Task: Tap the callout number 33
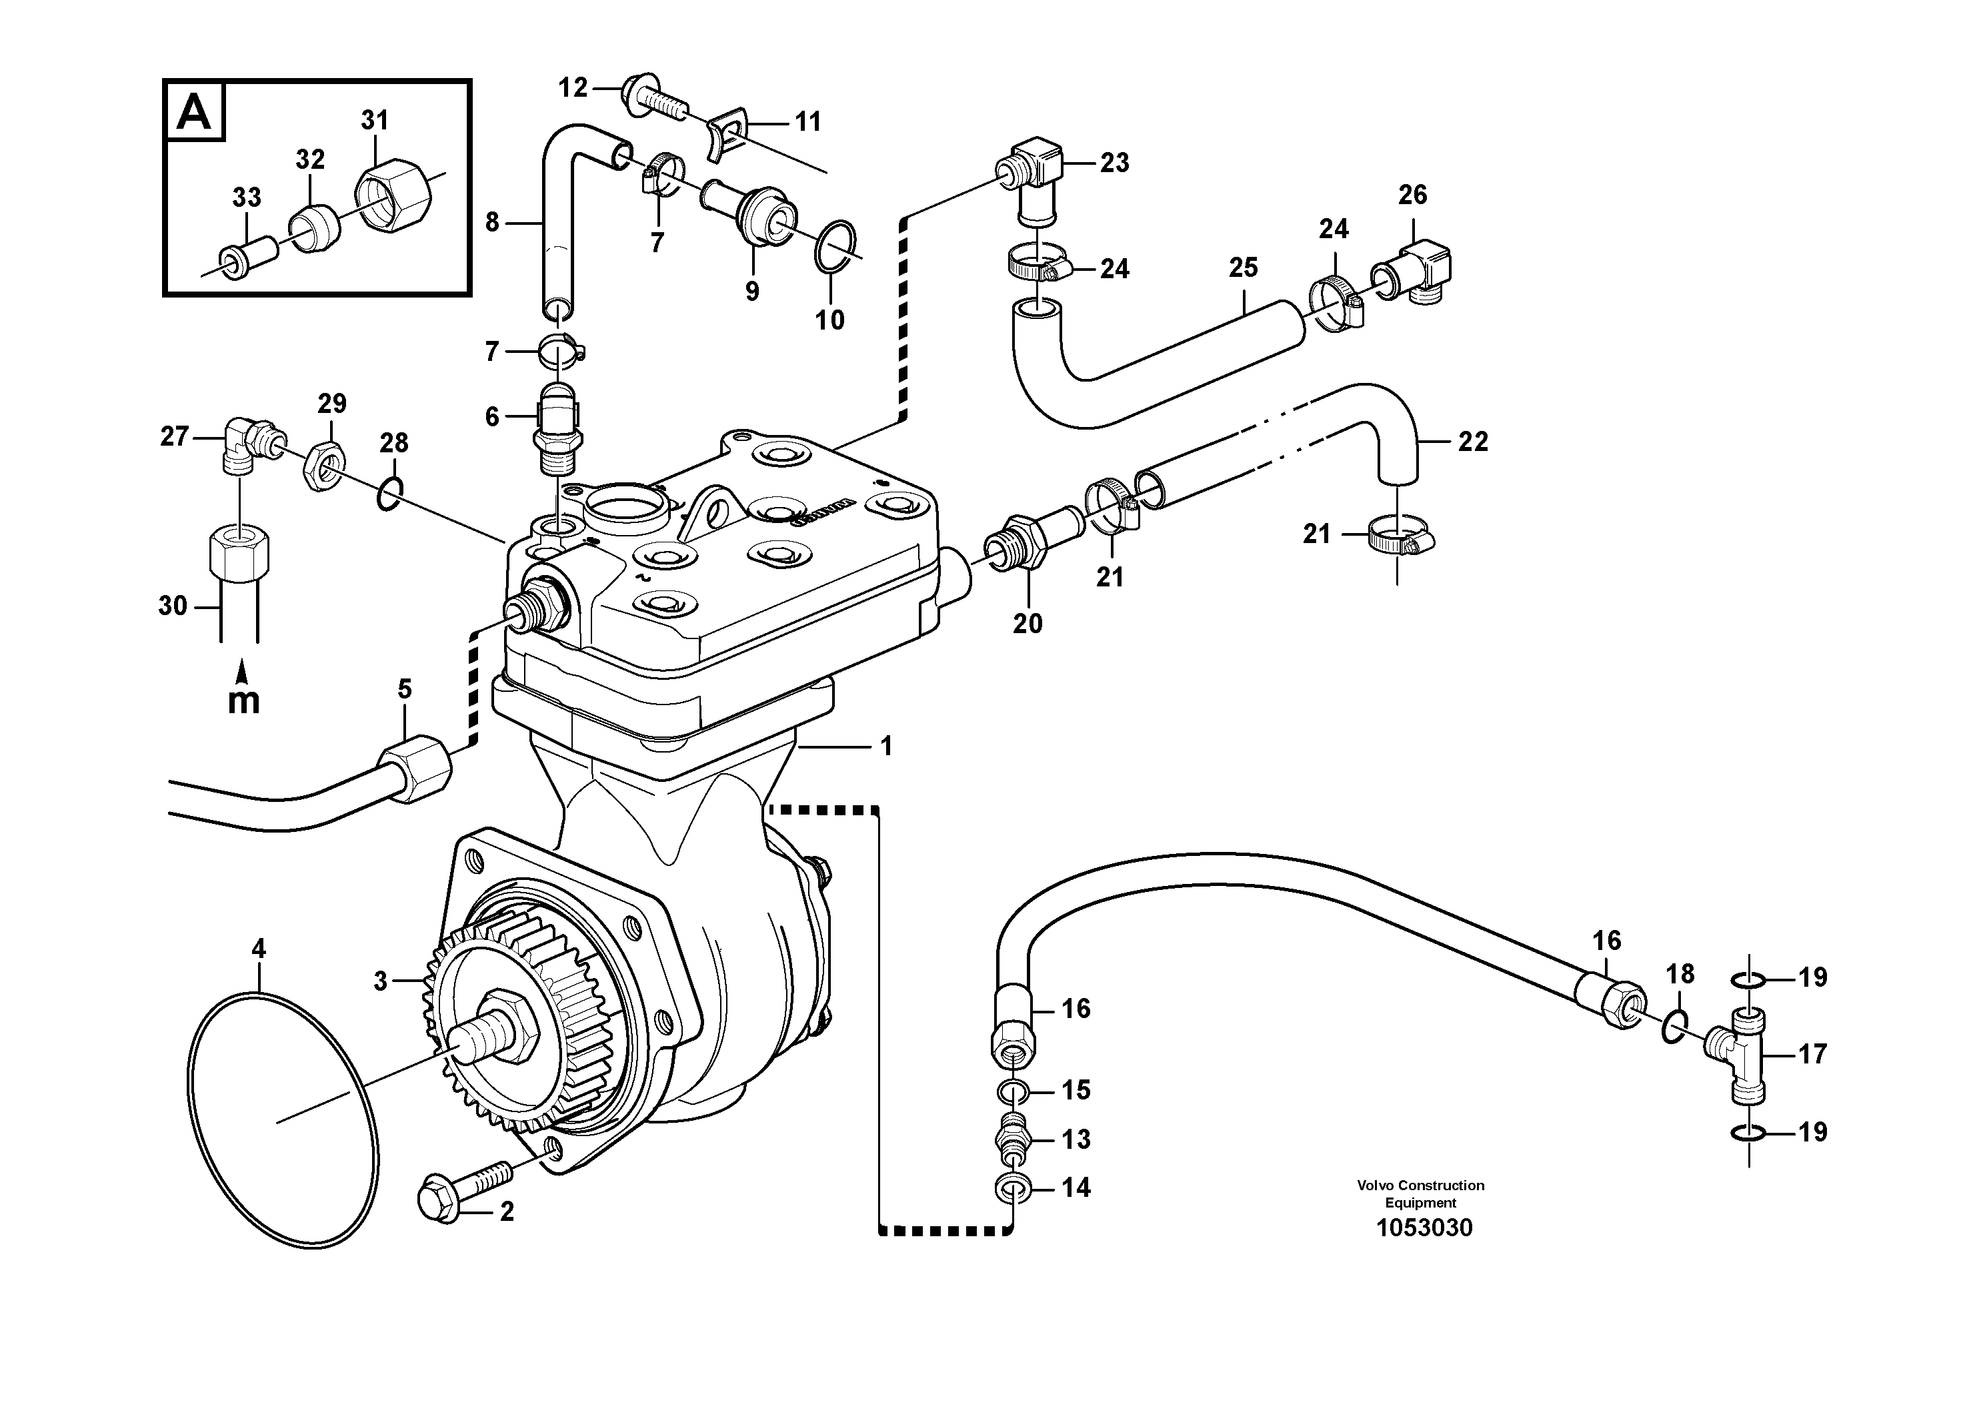tap(247, 197)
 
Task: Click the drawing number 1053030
tap(1424, 1228)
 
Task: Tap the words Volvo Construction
tap(1420, 1185)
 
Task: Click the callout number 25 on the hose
tap(1244, 268)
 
